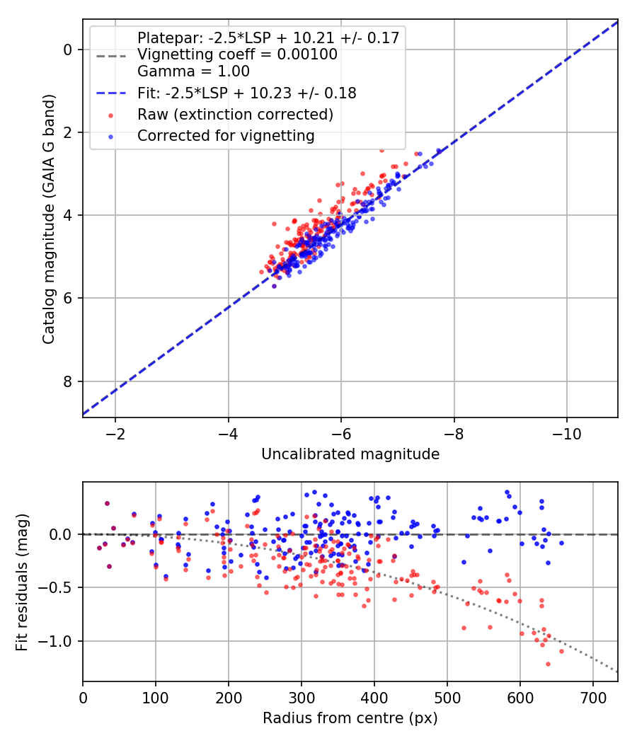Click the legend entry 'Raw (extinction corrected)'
(235, 114)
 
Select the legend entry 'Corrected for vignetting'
(226, 135)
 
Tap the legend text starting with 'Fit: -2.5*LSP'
(246, 93)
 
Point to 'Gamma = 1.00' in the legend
(193, 71)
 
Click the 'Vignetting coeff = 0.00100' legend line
(237, 54)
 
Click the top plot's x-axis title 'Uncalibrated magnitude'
(350, 454)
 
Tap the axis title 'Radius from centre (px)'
(350, 718)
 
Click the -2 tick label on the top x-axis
(116, 432)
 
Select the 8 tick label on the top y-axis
(69, 381)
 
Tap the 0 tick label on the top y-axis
(69, 50)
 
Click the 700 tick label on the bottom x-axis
(592, 697)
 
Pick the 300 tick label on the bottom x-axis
(302, 697)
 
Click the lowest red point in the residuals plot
(548, 664)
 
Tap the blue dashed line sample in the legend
(111, 93)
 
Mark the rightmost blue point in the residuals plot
(561, 543)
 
